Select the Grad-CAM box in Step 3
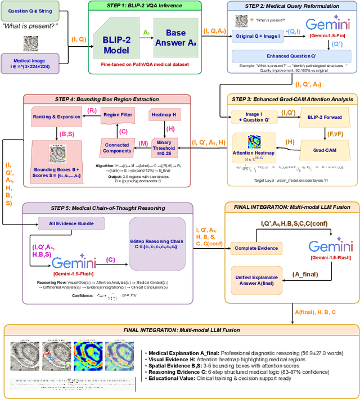point(325,151)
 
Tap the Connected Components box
point(116,147)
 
